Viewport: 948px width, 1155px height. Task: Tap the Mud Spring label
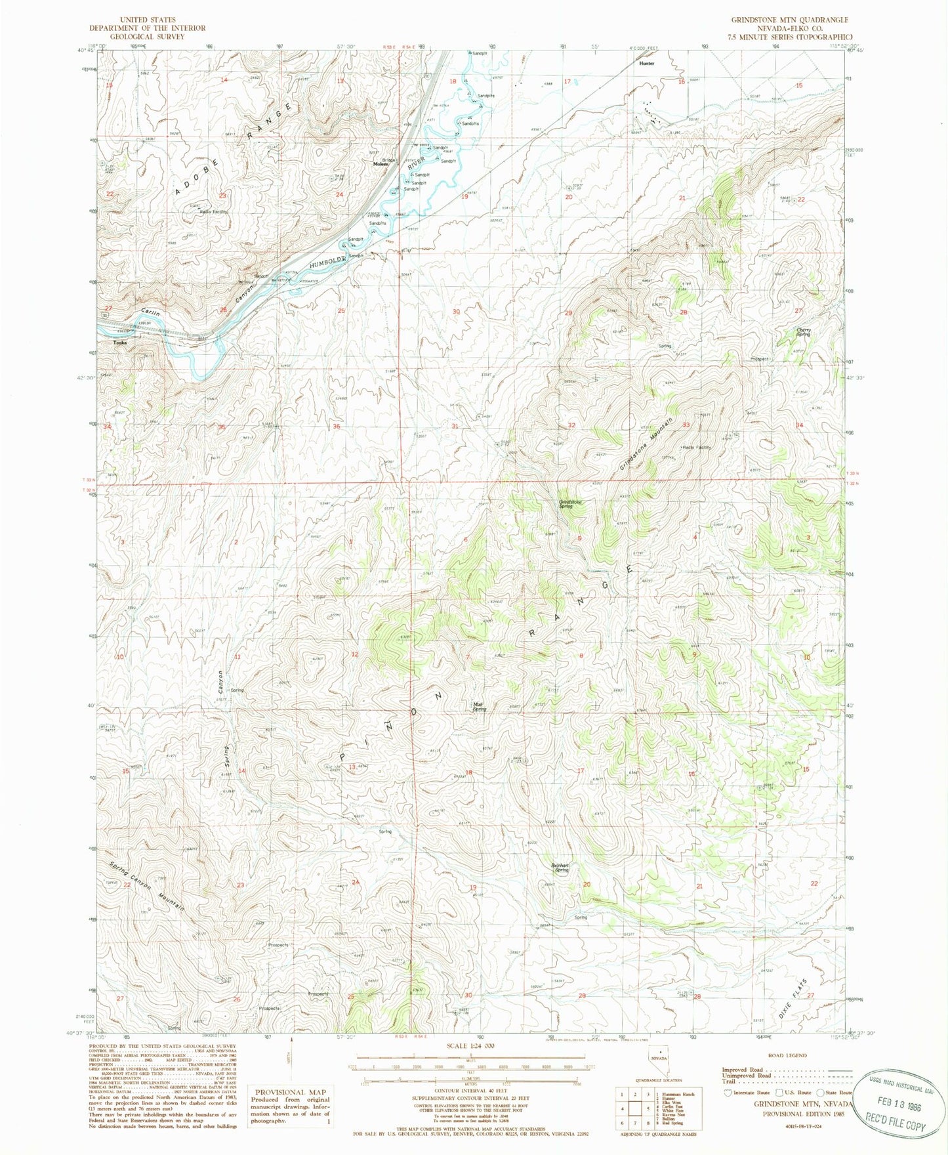pos(480,707)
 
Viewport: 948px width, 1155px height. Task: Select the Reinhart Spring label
pos(560,868)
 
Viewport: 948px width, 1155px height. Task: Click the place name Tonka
pos(119,343)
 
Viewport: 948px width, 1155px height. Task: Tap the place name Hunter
pos(646,64)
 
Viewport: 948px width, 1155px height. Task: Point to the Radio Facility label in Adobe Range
pos(209,212)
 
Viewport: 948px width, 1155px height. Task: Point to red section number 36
pos(337,427)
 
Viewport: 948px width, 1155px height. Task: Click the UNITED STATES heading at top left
pos(148,20)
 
